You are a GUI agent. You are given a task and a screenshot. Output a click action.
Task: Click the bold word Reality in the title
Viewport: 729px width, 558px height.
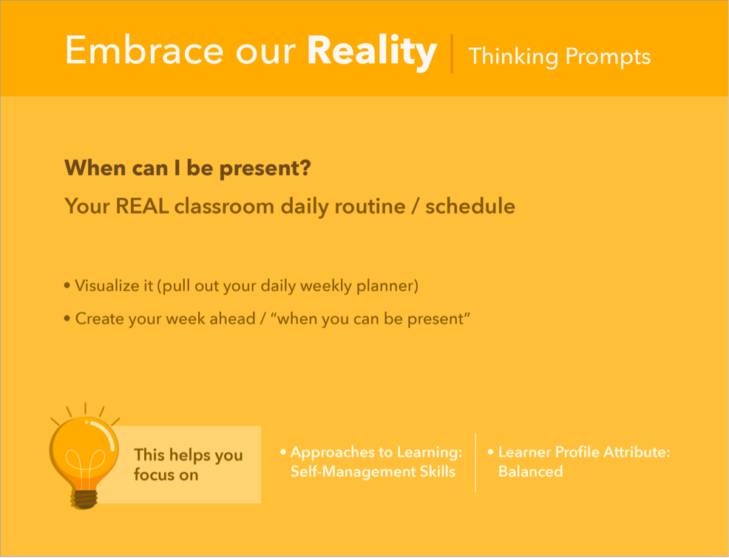pyautogui.click(x=372, y=51)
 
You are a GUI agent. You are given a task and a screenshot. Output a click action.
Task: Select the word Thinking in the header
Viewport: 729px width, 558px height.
pyautogui.click(x=513, y=57)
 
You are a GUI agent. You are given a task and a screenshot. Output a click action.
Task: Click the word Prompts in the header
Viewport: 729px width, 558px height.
pyautogui.click(x=608, y=57)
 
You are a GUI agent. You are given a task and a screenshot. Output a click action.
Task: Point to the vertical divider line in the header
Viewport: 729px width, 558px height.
pyautogui.click(x=452, y=53)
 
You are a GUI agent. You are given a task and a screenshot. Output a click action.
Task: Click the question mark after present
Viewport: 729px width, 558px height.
pyautogui.click(x=305, y=167)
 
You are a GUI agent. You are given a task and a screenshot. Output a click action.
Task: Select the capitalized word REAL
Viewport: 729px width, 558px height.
pyautogui.click(x=142, y=205)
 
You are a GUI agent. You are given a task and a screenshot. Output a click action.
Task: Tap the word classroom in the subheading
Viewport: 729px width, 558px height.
pyautogui.click(x=224, y=205)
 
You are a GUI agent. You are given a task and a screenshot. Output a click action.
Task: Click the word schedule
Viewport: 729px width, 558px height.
pyautogui.click(x=470, y=205)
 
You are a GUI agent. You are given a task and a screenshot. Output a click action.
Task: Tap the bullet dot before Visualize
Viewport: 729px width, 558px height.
pyautogui.click(x=67, y=285)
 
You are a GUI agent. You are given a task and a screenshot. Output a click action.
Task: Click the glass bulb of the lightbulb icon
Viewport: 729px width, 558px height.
pyautogui.click(x=84, y=451)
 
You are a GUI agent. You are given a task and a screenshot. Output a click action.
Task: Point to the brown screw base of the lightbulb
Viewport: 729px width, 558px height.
pyautogui.click(x=84, y=499)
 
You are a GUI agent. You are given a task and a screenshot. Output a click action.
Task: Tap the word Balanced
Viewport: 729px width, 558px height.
pyautogui.click(x=530, y=472)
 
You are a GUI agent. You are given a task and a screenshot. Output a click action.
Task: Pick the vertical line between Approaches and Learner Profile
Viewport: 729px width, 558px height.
pyautogui.click(x=475, y=462)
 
